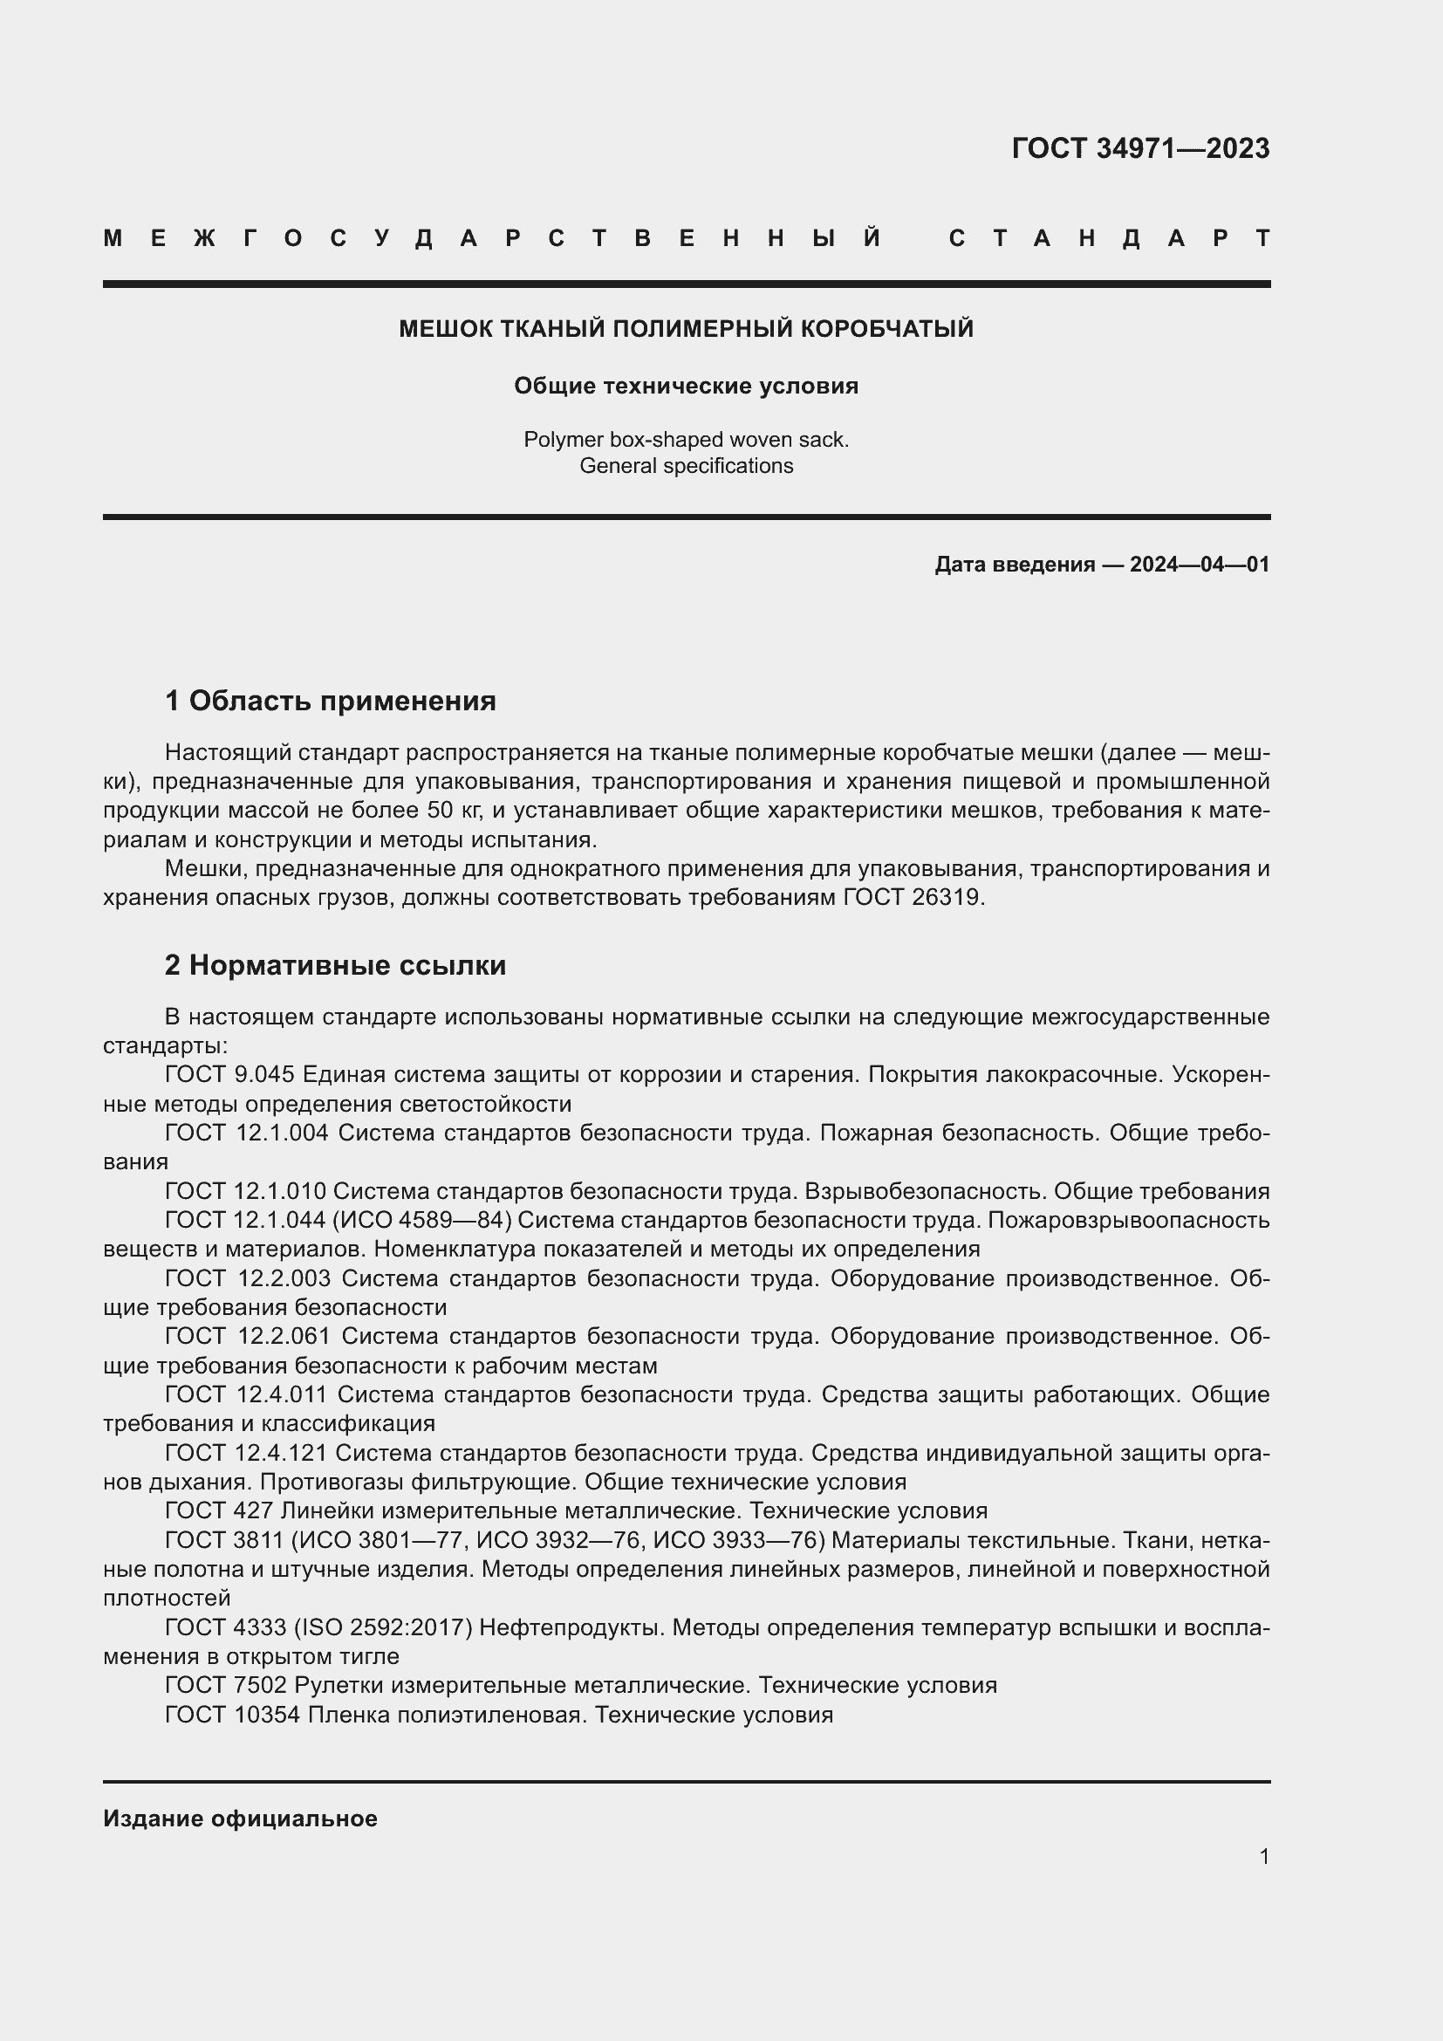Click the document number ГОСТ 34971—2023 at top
[1140, 148]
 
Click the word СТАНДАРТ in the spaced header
[1109, 238]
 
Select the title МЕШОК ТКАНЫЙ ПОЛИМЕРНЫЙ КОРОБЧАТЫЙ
[686, 329]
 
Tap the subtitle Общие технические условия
[686, 386]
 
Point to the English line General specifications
[686, 466]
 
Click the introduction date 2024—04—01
[1199, 565]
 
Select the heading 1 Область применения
[330, 701]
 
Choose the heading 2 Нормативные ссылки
[335, 964]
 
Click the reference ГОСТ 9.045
[229, 1074]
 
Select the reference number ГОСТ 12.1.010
[246, 1190]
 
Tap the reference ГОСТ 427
[219, 1510]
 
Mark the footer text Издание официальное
[240, 1818]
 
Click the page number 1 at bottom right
[1263, 1856]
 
